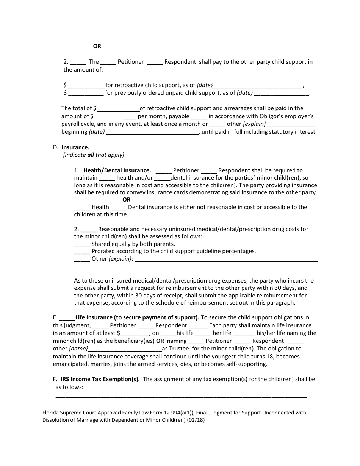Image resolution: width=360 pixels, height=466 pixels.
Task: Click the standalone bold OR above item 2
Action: click(x=97, y=46)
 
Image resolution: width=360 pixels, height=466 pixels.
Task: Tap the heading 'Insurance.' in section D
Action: click(x=75, y=147)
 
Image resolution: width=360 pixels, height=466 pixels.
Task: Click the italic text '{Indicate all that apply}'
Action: click(x=94, y=155)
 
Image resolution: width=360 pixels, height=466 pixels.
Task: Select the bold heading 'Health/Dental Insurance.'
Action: click(x=117, y=170)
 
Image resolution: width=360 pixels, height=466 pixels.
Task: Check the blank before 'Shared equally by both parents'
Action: click(x=82, y=244)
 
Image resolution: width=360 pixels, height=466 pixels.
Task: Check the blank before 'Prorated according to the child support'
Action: click(x=82, y=252)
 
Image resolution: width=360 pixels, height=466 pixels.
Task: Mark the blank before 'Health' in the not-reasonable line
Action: click(x=82, y=208)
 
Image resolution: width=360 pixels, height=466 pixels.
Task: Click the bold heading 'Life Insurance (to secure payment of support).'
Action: click(x=137, y=317)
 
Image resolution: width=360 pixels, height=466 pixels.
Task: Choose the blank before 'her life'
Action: click(x=203, y=333)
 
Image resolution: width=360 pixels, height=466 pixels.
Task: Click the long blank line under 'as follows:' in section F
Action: click(x=181, y=396)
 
